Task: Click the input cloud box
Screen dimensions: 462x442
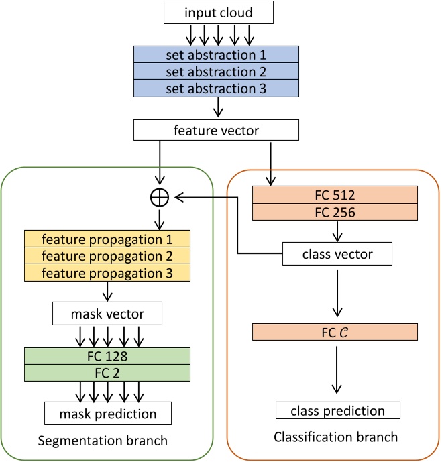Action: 218,12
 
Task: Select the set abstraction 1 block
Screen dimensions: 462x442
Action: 215,54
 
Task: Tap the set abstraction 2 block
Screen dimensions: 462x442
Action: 215,71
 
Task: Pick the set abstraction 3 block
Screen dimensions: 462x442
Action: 215,88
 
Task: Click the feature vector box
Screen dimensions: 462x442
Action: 216,129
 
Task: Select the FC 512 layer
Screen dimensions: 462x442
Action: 335,195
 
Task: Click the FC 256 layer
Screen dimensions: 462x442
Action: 335,212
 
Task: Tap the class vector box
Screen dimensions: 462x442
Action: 337,254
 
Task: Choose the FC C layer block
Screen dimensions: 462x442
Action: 335,331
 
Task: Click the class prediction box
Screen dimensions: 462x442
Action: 337,410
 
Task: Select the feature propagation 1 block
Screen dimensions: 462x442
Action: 107,239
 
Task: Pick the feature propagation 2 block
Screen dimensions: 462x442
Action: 107,255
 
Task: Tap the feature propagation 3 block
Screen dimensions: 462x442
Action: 107,272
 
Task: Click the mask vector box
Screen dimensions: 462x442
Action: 107,312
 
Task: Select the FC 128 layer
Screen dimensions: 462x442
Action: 107,355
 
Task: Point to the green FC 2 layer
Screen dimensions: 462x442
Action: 107,372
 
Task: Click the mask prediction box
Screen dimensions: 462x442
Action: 107,413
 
